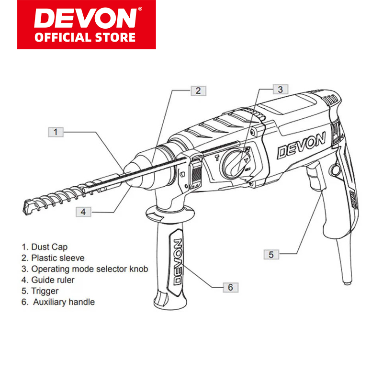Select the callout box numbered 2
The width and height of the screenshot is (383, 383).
click(198, 90)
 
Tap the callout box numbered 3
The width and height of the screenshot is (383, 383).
click(281, 89)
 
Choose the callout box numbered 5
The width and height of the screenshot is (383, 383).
click(271, 255)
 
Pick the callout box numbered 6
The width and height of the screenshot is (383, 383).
click(230, 287)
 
